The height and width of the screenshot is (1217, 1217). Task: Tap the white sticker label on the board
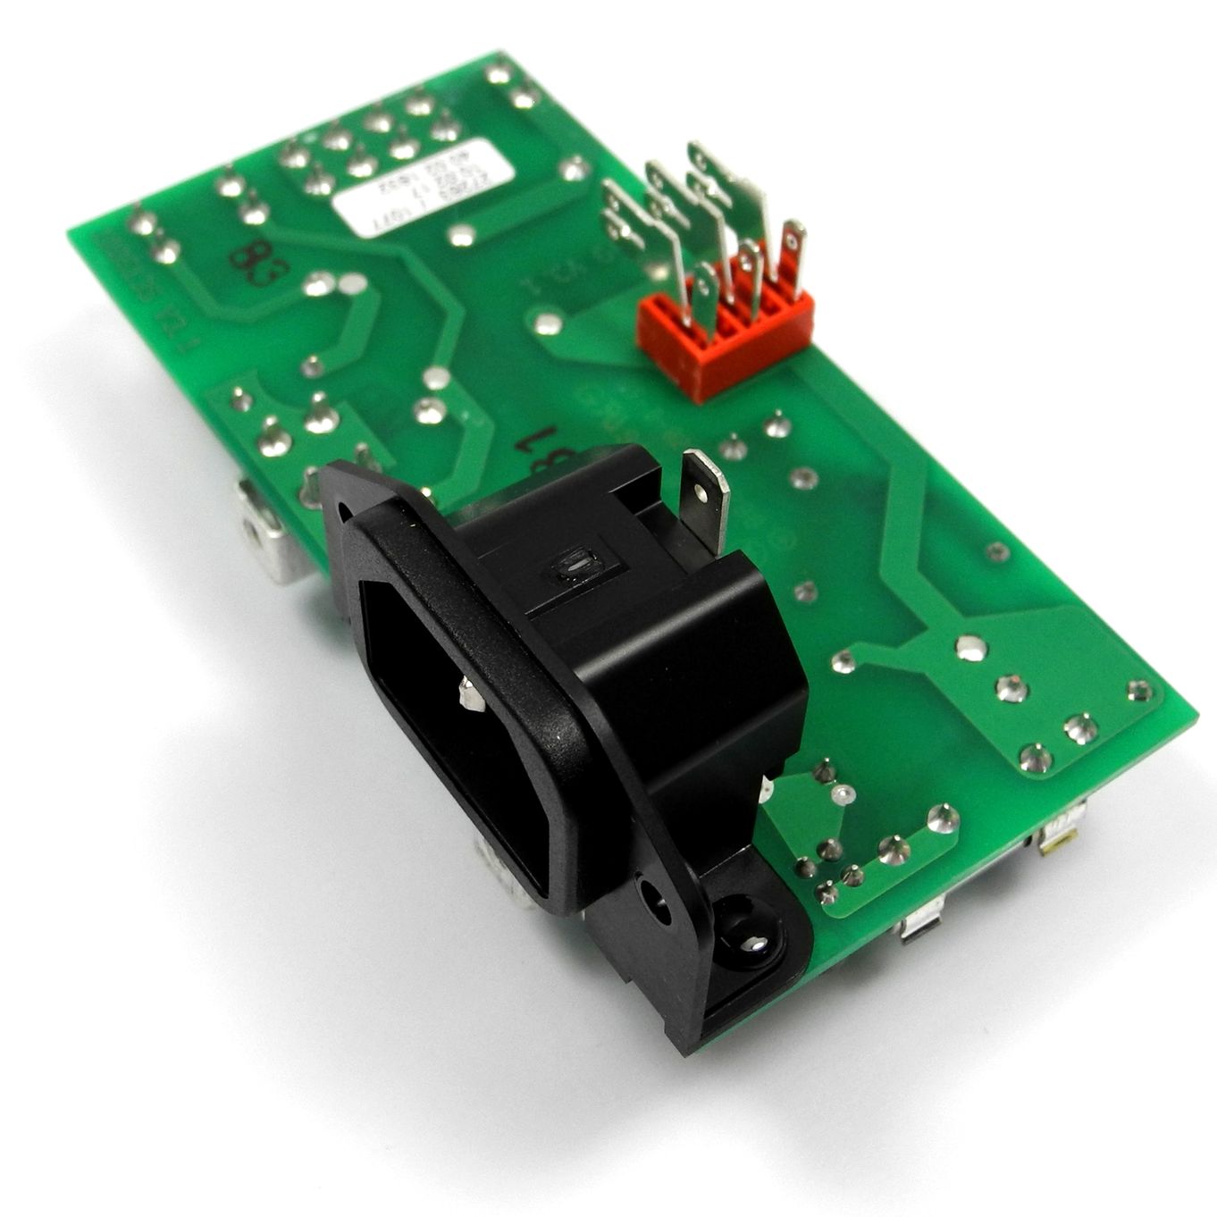424,188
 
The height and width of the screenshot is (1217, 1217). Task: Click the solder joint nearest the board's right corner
1138,690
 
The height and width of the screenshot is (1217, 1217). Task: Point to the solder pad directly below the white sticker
461,235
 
